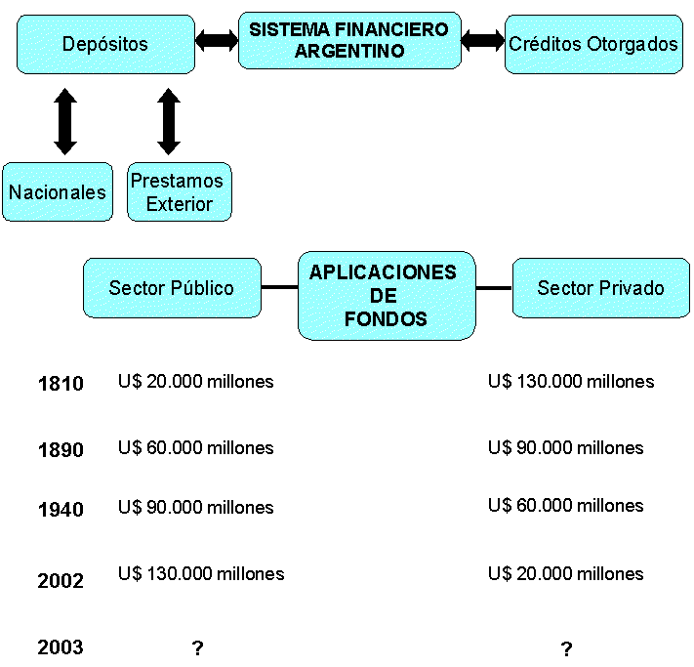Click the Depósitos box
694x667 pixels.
point(105,44)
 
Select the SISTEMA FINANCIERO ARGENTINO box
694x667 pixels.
point(349,40)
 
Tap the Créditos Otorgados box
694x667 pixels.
point(593,44)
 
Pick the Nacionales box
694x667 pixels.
point(58,191)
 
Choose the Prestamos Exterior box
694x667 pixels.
point(180,191)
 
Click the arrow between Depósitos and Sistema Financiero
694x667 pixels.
point(217,40)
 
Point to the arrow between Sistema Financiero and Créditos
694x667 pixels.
point(483,40)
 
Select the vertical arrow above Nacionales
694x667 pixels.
point(65,121)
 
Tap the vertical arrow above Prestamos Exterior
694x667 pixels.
point(169,121)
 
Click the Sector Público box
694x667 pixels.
point(172,288)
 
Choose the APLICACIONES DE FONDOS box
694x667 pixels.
point(387,295)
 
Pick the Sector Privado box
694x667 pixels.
point(600,288)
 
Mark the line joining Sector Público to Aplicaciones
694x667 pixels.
point(279,288)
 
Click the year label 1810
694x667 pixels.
point(61,384)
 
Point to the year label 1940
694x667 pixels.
point(61,509)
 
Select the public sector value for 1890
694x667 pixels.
point(195,448)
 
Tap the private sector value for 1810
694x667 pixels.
point(571,382)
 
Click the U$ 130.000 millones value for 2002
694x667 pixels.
point(201,573)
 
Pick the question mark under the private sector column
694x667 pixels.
point(566,649)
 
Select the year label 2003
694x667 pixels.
point(61,647)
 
